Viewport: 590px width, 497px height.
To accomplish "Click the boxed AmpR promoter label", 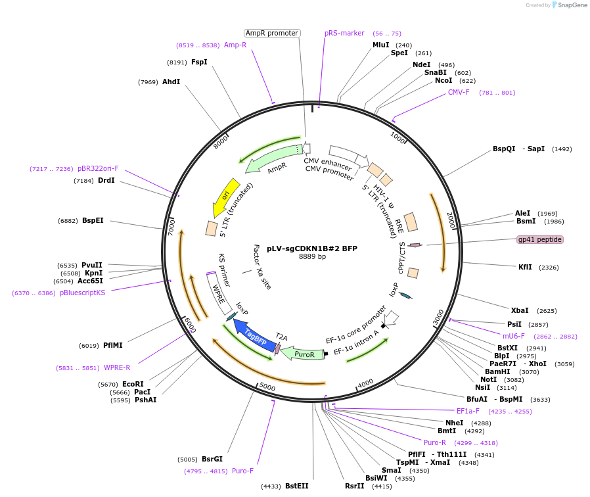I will (272, 33).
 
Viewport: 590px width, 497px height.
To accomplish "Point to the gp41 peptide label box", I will (540, 239).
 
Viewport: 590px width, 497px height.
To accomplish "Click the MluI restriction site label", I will (381, 45).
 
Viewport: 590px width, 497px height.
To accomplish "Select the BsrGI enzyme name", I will (212, 459).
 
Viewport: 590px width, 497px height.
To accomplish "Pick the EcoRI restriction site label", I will (133, 384).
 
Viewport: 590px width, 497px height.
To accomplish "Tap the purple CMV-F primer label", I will (459, 92).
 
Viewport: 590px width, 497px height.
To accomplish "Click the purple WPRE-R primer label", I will (117, 367).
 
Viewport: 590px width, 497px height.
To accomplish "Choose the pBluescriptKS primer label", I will (82, 293).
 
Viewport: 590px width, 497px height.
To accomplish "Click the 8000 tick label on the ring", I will (221, 141).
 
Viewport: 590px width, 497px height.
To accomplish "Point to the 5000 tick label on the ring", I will (267, 387).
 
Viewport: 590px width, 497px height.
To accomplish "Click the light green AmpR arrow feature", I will (269, 163).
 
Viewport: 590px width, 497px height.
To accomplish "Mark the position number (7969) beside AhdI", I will (148, 82).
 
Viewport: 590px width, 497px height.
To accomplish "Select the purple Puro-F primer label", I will (242, 471).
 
